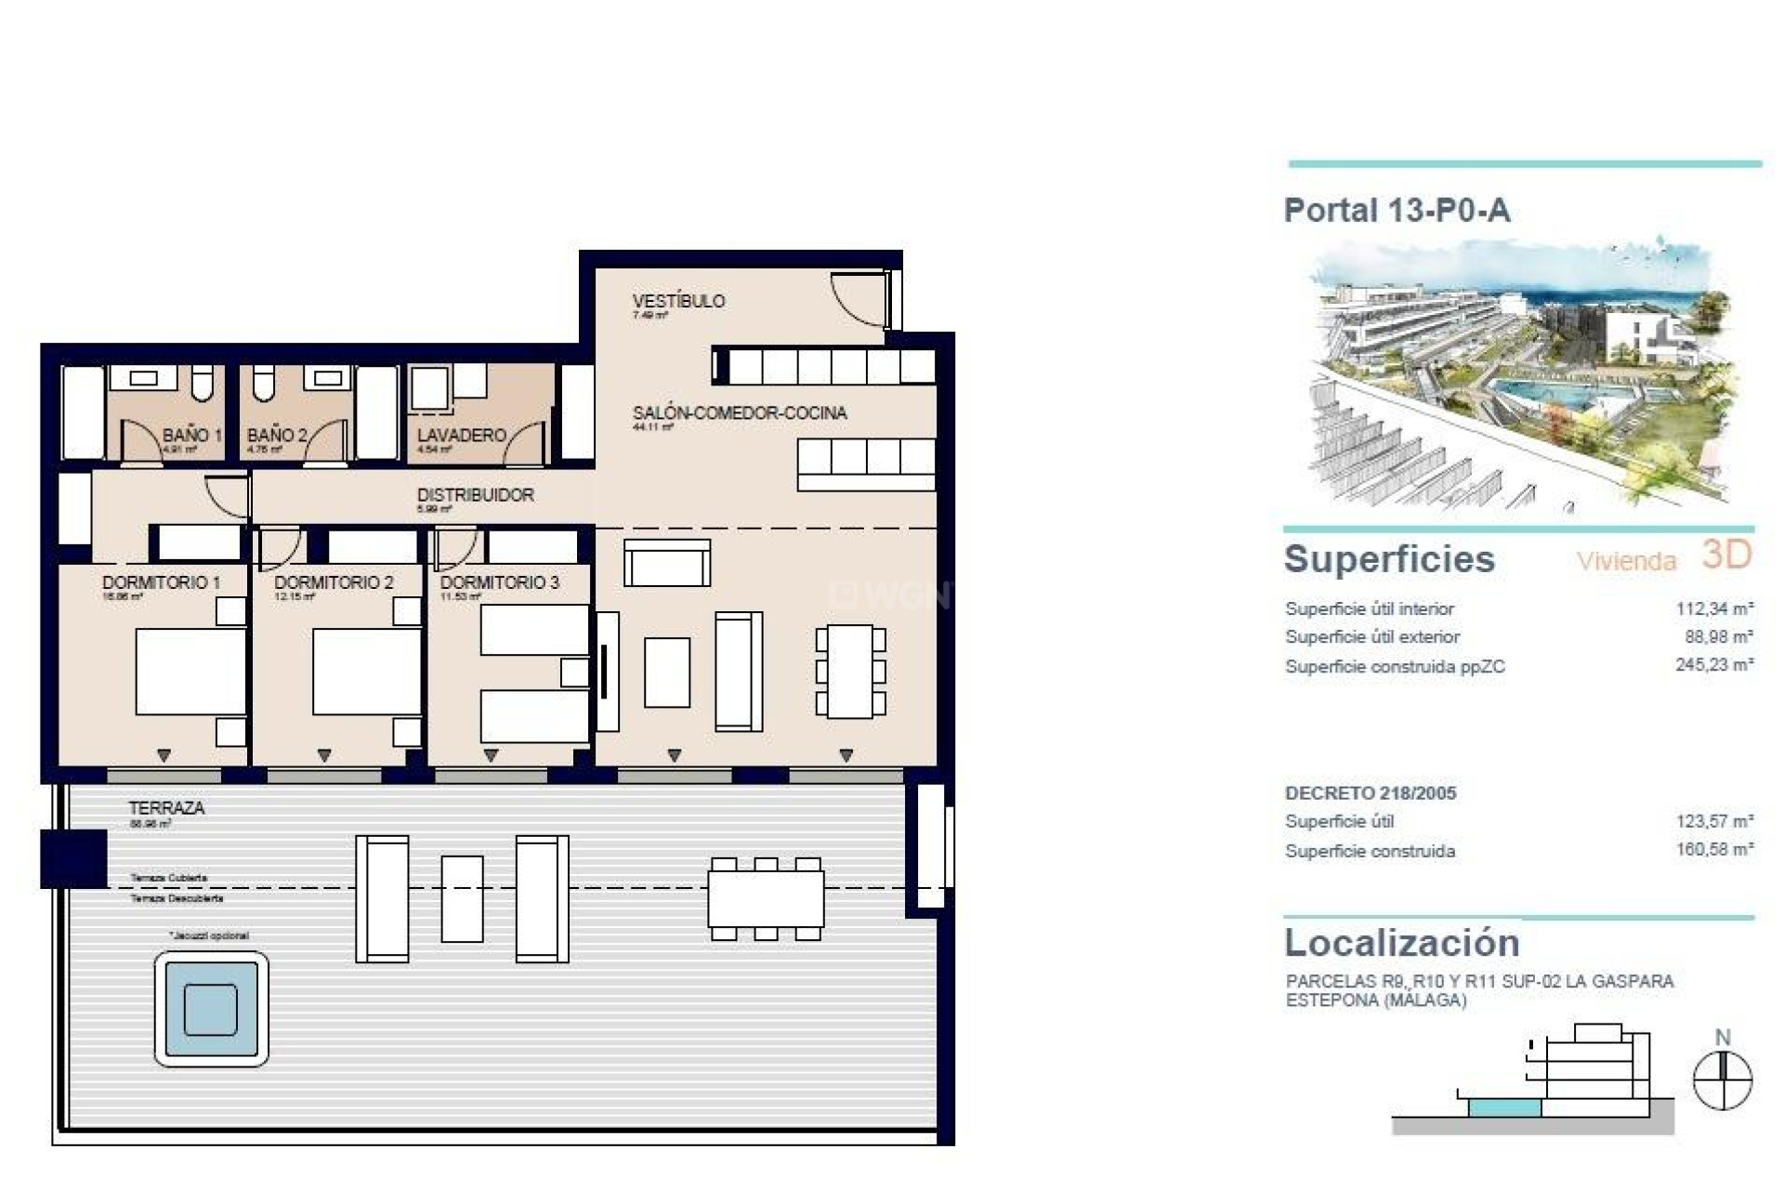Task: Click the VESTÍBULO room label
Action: [677, 301]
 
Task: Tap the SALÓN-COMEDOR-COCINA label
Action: [739, 412]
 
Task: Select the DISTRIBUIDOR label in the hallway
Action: [475, 495]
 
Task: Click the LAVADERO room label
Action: [461, 435]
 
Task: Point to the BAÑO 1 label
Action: [191, 435]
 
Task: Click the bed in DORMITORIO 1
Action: [190, 672]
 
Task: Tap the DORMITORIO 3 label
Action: [499, 582]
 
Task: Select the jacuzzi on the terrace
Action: [211, 1009]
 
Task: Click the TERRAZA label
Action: [166, 808]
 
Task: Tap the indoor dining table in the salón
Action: [849, 671]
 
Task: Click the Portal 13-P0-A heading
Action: [1397, 211]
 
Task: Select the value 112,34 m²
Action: [1713, 609]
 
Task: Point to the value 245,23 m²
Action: [1713, 666]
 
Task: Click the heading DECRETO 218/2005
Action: [1370, 793]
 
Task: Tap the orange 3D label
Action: [1725, 555]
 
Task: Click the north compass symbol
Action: [1722, 1079]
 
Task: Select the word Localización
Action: [1401, 943]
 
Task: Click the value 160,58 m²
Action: [1713, 850]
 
